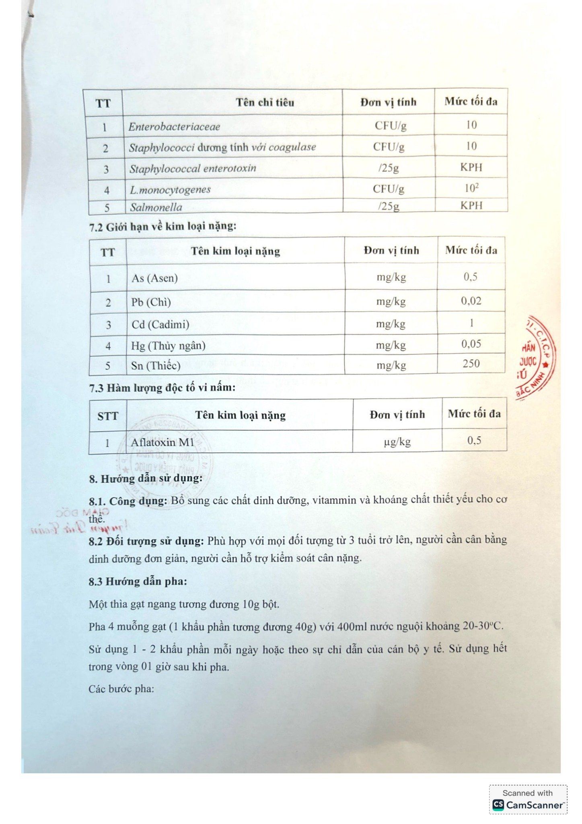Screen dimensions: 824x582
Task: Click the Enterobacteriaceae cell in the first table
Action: pyautogui.click(x=174, y=127)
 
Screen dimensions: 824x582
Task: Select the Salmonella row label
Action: pyautogui.click(x=156, y=208)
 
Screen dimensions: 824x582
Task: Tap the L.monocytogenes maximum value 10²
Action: pyautogui.click(x=471, y=188)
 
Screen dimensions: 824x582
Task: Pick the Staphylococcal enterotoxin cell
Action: pyautogui.click(x=193, y=169)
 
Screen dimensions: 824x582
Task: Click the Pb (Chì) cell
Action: pyautogui.click(x=151, y=303)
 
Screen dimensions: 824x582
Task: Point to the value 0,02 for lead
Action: pyautogui.click(x=471, y=301)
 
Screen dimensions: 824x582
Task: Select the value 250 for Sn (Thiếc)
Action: pyautogui.click(x=471, y=364)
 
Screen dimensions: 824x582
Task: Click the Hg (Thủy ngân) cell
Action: pyautogui.click(x=168, y=346)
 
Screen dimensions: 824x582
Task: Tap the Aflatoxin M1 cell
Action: pyautogui.click(x=162, y=443)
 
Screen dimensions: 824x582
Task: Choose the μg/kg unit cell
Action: pyautogui.click(x=397, y=442)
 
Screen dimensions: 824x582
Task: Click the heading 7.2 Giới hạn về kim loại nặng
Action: pyautogui.click(x=163, y=227)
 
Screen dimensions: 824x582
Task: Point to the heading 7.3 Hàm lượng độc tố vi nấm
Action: pyautogui.click(x=162, y=388)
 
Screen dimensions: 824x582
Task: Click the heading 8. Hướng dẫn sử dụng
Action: pyautogui.click(x=146, y=479)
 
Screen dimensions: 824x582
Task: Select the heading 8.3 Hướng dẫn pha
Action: pyautogui.click(x=138, y=581)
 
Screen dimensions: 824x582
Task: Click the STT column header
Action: pyautogui.click(x=108, y=416)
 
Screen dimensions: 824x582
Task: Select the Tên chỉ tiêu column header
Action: pyautogui.click(x=265, y=103)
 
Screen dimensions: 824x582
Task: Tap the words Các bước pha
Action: pyautogui.click(x=121, y=689)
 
